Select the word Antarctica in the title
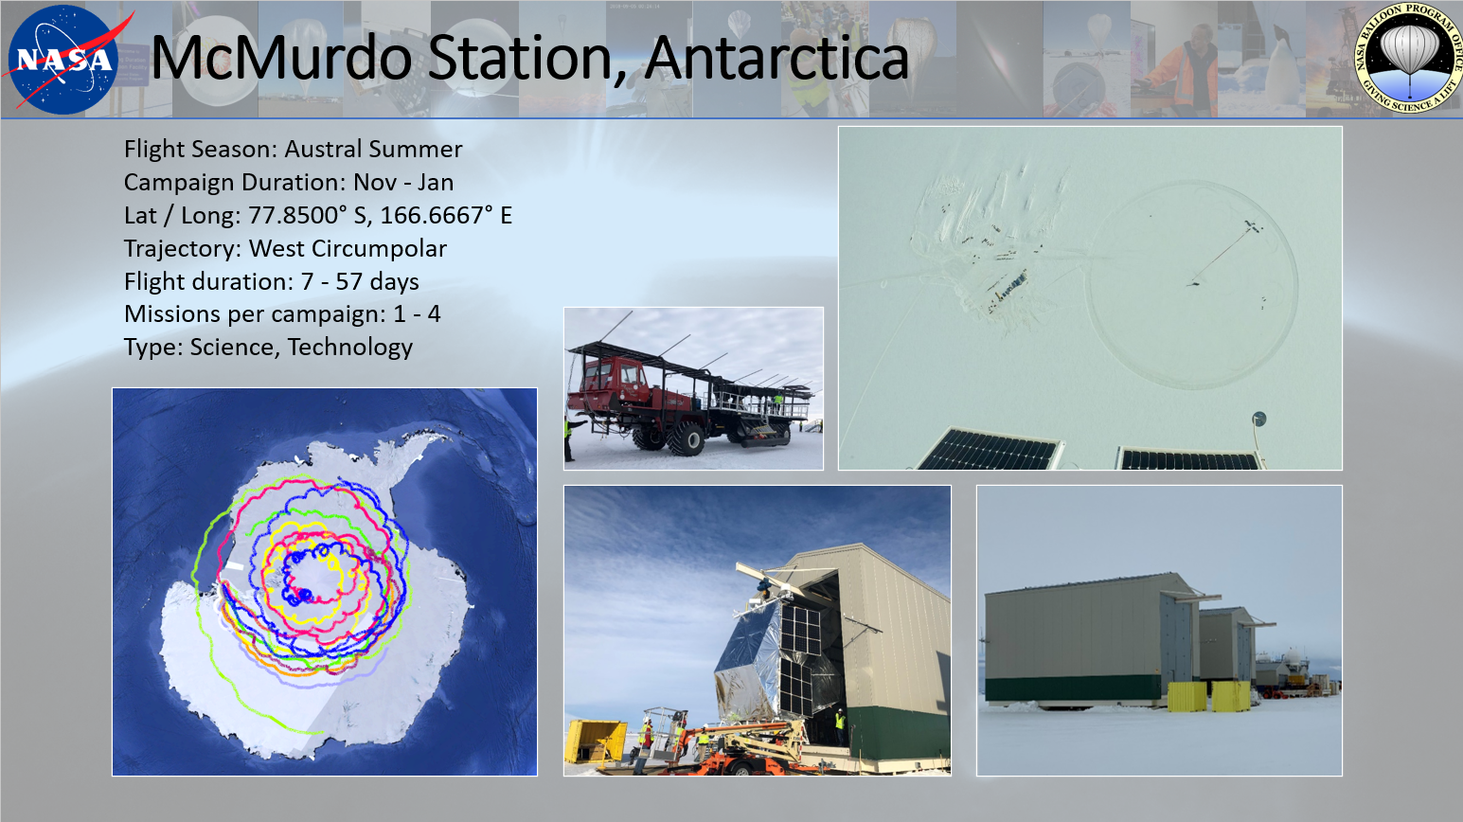[x=776, y=58]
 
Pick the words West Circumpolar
[x=348, y=248]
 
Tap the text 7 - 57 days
[x=360, y=281]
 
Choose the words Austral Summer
[x=373, y=149]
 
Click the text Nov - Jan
[x=403, y=183]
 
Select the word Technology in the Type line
[x=349, y=348]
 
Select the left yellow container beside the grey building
[x=1186, y=697]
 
